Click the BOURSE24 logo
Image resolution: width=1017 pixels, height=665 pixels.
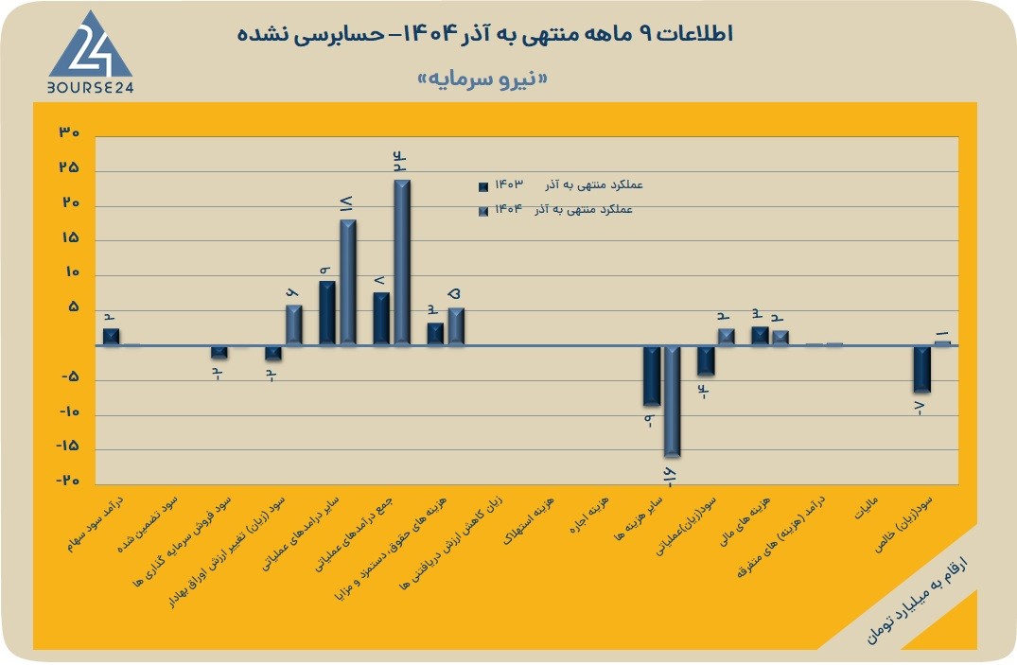click(90, 53)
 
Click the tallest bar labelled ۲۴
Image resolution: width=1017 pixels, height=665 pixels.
click(402, 262)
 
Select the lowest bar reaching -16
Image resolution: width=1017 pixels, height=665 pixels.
click(672, 401)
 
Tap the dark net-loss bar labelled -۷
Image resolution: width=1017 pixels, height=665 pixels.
click(921, 369)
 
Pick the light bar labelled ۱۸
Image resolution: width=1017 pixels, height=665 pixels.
click(348, 282)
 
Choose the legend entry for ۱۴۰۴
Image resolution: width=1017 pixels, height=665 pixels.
click(555, 210)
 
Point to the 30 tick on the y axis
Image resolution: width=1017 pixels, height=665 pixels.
click(69, 132)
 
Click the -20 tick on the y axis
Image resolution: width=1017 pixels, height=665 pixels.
click(67, 481)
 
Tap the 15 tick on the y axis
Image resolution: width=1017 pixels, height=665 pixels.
click(69, 237)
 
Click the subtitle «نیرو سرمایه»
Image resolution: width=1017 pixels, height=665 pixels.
click(482, 79)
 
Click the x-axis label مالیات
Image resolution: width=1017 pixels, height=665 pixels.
click(866, 508)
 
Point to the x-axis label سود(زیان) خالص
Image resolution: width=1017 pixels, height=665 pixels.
click(903, 524)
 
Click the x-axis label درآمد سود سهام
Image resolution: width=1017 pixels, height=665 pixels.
click(97, 525)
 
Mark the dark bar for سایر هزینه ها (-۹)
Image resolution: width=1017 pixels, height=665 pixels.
click(651, 376)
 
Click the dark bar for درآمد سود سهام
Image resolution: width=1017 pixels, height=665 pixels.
click(111, 337)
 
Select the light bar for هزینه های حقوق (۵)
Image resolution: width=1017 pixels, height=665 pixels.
click(456, 326)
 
